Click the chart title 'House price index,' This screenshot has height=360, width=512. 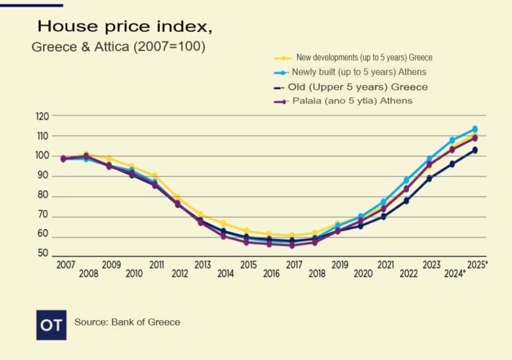124,27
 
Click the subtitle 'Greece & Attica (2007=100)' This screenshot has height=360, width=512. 118,47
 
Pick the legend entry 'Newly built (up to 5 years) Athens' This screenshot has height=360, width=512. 358,72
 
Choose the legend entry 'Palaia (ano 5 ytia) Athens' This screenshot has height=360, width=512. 351,101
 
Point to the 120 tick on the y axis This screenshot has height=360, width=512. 43,117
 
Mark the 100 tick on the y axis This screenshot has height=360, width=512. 43,156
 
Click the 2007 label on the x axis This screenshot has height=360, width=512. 65,265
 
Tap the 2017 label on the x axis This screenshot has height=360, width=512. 294,265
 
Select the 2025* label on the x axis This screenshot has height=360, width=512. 477,265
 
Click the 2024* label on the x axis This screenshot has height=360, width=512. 455,274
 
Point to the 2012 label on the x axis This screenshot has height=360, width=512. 180,274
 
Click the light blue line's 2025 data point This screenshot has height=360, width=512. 475,129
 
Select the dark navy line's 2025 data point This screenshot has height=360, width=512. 475,151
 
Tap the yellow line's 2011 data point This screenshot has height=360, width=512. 155,176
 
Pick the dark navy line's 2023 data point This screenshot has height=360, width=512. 429,179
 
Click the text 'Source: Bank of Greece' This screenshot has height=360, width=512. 127,322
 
